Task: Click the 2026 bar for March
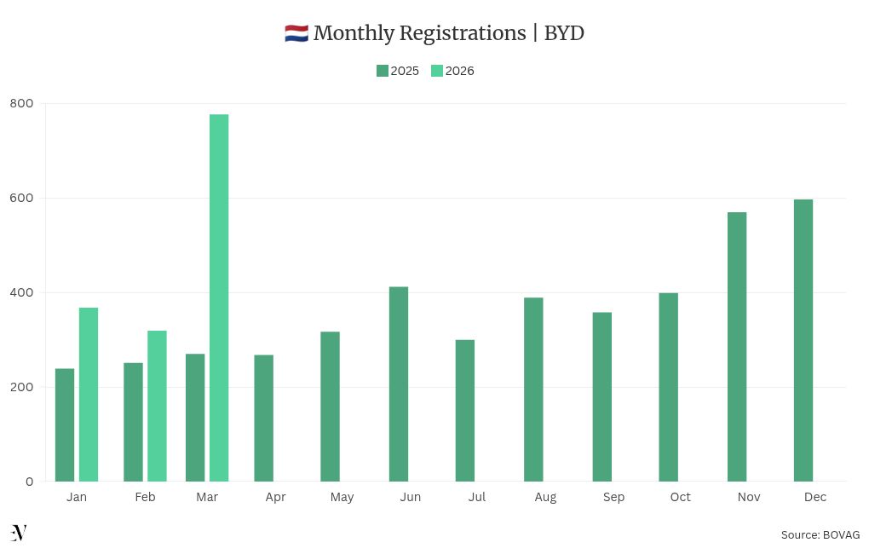pos(219,298)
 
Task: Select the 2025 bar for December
pos(803,341)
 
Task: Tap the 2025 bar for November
pos(737,347)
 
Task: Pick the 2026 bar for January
pos(89,395)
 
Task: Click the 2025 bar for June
pos(399,384)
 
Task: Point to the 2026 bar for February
pos(157,406)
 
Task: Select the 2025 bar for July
pos(465,411)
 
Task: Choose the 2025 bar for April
pos(264,418)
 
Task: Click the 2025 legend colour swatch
pos(383,71)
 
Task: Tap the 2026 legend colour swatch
pos(437,71)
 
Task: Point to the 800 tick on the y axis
pos(22,103)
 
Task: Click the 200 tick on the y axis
pos(22,387)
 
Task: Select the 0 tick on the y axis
pos(30,482)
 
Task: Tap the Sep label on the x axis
pos(613,497)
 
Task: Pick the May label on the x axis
pos(342,497)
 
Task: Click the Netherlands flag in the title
pos(296,34)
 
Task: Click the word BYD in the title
pos(564,33)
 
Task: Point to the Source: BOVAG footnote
pos(820,534)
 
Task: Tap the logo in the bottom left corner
pos(19,534)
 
